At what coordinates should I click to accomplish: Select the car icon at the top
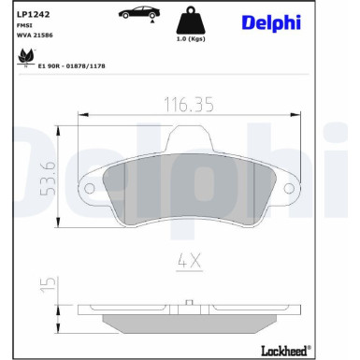[137, 15]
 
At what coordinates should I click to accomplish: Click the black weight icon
[191, 21]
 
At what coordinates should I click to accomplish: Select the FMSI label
[22, 33]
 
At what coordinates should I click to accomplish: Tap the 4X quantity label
[189, 263]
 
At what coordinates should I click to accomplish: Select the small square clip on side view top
[190, 302]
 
